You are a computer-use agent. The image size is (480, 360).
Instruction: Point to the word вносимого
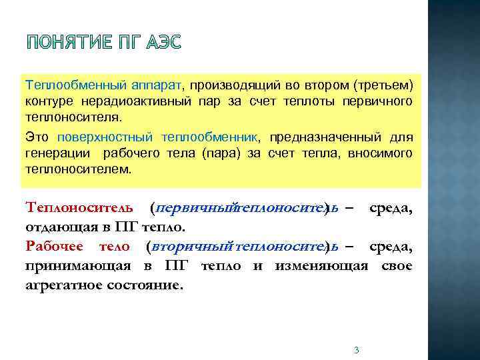click(383, 153)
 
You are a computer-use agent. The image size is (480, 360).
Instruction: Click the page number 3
click(357, 351)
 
